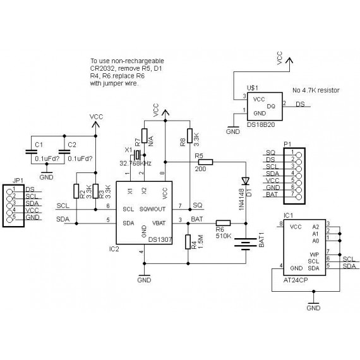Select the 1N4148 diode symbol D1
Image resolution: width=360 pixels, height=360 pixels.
246,179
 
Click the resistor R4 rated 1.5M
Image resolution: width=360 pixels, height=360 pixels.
188,241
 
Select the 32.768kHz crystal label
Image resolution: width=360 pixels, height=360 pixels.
136,162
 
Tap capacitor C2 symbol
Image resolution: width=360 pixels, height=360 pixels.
63,152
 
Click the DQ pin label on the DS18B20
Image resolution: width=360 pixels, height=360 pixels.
271,105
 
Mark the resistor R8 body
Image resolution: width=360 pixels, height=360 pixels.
188,136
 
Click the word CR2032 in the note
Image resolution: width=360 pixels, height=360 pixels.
103,69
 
